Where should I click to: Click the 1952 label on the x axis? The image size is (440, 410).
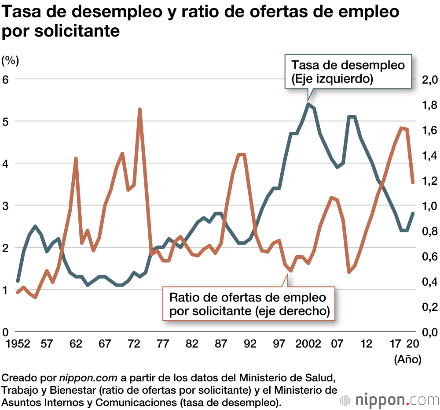point(18,344)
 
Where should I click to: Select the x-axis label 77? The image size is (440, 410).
point(163,344)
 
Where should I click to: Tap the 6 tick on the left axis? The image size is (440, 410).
point(6,79)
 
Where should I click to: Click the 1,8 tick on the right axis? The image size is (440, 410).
point(429,105)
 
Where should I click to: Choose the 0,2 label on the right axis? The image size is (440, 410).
point(429,306)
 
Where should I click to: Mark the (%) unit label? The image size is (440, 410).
point(11,60)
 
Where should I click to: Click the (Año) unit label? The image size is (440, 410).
point(407,359)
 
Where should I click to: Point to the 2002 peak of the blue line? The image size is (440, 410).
point(309,104)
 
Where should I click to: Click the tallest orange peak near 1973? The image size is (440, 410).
point(139,109)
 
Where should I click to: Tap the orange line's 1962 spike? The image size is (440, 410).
point(76,158)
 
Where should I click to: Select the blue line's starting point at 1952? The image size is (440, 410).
point(18,281)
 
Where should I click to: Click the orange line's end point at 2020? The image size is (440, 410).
point(413,182)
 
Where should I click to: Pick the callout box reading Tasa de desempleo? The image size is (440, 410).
point(348,72)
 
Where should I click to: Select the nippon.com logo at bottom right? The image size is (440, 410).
point(390,400)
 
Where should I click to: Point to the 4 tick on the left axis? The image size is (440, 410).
point(6,164)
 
